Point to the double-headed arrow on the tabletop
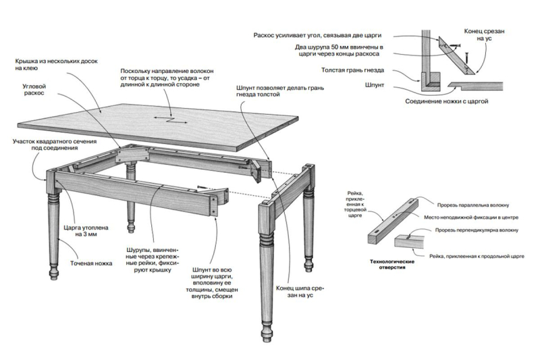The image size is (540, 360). coord(170,120)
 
